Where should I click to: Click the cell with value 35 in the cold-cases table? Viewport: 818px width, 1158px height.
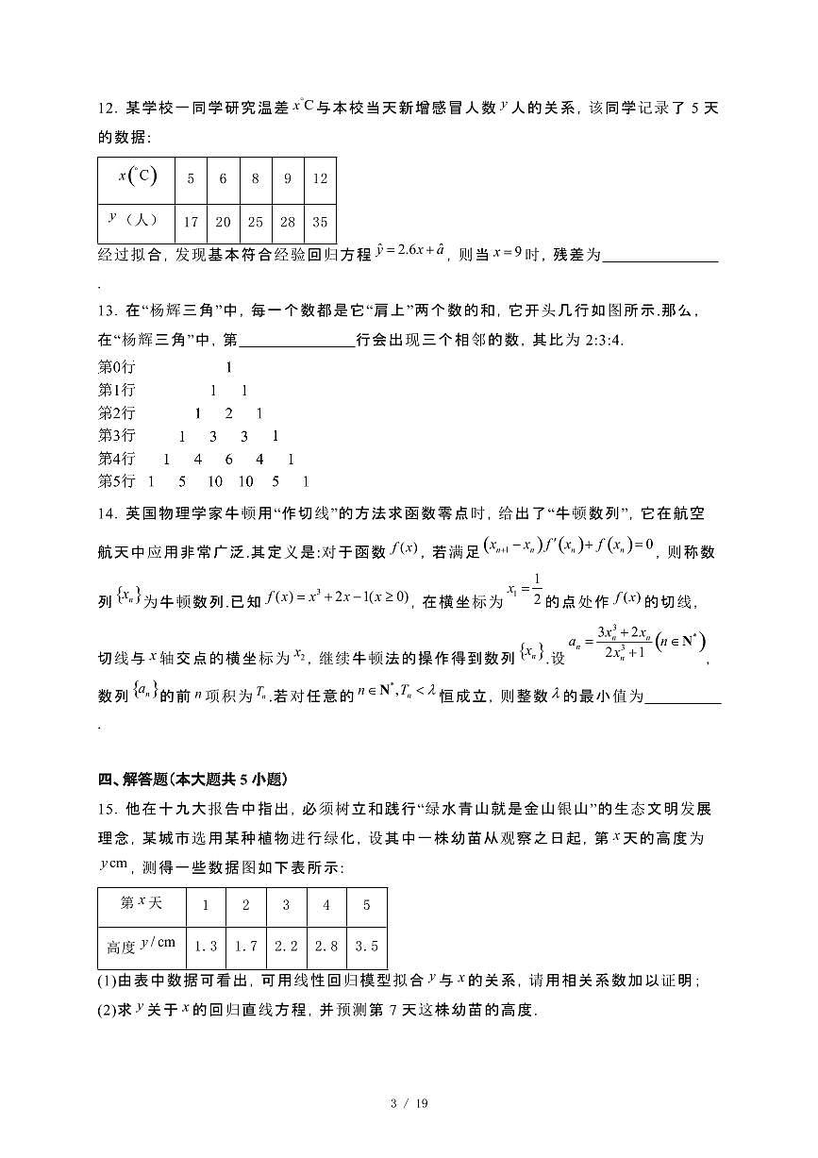point(320,223)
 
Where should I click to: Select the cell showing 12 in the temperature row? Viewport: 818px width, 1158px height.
point(320,178)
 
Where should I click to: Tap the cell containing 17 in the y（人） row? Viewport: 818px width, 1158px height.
point(192,223)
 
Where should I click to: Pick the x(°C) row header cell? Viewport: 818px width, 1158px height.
point(137,178)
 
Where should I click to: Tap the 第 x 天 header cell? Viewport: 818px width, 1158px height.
point(142,904)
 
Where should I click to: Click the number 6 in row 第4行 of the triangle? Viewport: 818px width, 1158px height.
point(228,460)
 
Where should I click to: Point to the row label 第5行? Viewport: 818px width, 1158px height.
point(117,481)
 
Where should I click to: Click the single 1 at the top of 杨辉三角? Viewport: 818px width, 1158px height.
point(228,367)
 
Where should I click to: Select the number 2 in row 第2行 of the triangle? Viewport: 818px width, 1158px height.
point(228,413)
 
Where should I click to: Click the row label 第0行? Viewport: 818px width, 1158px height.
point(117,367)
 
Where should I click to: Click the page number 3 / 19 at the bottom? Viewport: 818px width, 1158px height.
point(409,1103)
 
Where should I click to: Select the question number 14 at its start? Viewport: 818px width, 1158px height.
point(107,513)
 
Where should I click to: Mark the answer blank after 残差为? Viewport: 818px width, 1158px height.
point(659,257)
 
